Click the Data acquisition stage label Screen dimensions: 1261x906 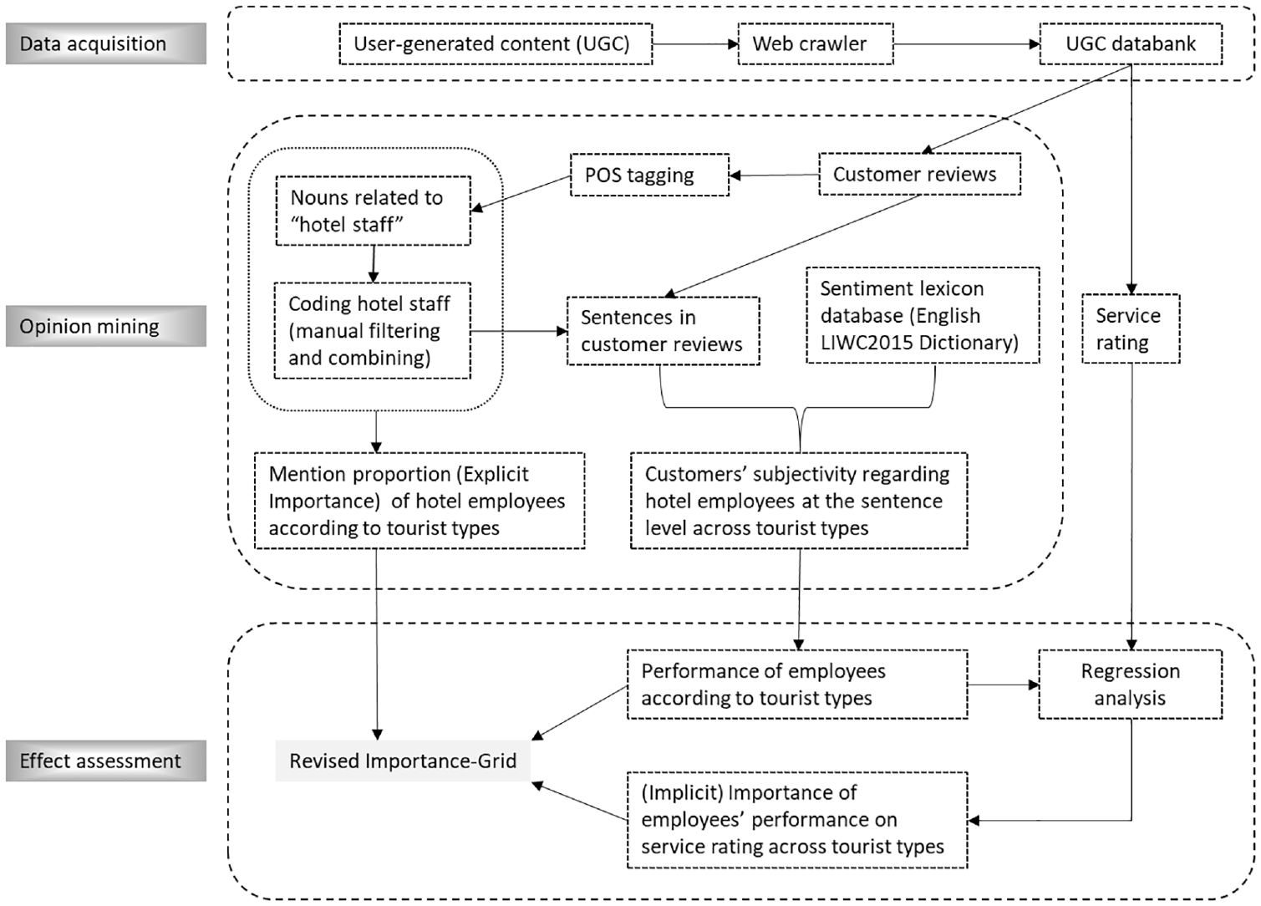(106, 43)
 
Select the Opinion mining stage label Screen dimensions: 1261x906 (106, 326)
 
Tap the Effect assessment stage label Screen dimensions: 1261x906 (106, 761)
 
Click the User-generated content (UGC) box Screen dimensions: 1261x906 (496, 44)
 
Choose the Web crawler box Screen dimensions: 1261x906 (815, 44)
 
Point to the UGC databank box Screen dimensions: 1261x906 (1131, 44)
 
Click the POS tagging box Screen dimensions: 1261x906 (649, 176)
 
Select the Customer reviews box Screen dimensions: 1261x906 (920, 174)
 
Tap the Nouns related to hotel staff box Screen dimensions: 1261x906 (373, 211)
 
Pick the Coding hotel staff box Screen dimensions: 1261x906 (372, 330)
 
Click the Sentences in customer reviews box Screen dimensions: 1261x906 (664, 331)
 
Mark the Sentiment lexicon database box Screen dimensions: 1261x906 (923, 315)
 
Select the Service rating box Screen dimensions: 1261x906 (1131, 328)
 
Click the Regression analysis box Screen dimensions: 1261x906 (1131, 685)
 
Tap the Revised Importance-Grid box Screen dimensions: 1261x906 (403, 761)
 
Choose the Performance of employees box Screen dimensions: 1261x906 (797, 685)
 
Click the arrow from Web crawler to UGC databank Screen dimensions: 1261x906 (967, 44)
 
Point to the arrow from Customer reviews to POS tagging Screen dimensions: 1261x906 (774, 176)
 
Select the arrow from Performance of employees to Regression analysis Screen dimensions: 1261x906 (1003, 685)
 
